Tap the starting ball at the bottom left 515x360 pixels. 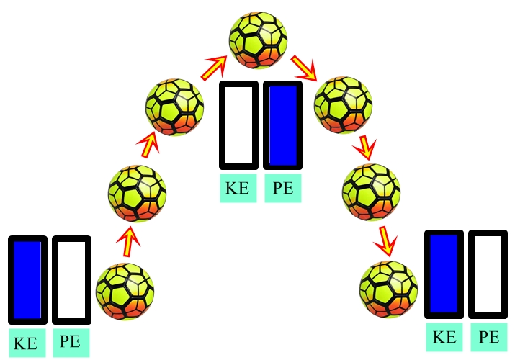125,292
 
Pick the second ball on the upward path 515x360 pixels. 137,193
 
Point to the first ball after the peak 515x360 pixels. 342,107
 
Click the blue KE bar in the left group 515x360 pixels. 27,279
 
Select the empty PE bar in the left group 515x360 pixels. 71,279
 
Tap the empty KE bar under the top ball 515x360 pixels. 238,125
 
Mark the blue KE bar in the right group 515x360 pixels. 443,274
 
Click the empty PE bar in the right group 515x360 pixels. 488,274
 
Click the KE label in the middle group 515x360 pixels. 238,189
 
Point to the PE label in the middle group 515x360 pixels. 282,189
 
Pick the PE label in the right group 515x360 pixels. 488,337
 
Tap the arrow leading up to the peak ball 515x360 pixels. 212,70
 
